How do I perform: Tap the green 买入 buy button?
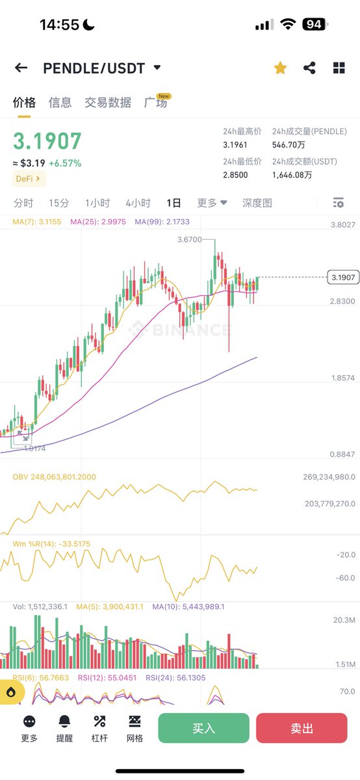203,728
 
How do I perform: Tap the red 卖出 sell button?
302,728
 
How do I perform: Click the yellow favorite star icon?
280,68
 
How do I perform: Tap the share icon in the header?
309,68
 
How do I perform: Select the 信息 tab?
60,103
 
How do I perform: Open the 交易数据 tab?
108,103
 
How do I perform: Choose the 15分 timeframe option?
59,203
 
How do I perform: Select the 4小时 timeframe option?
138,203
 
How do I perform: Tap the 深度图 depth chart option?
257,203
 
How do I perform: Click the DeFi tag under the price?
29,178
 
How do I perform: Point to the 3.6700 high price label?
189,240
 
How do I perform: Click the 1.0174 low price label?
34,448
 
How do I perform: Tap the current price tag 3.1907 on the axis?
342,278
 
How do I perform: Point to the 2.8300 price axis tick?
342,301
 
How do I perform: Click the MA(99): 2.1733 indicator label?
162,222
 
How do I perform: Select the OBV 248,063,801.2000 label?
55,477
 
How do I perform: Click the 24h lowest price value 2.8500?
235,175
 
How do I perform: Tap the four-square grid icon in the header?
339,68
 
